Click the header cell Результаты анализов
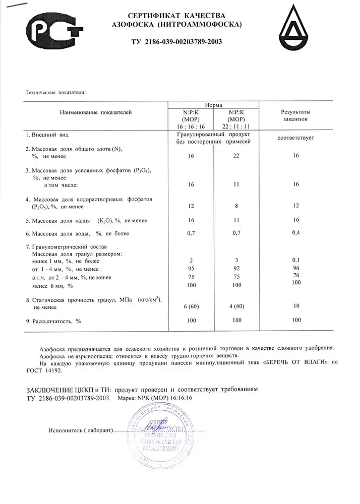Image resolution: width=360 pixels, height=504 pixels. [x=295, y=115]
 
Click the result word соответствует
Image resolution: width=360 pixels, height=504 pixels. [x=295, y=138]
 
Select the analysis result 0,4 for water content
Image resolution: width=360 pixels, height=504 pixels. [x=296, y=233]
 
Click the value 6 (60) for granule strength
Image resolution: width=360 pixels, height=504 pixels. [x=191, y=307]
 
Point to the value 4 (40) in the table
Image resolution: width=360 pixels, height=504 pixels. [x=236, y=307]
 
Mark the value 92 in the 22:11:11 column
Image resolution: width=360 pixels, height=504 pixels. [x=236, y=269]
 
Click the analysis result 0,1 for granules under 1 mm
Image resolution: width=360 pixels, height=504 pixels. [x=296, y=260]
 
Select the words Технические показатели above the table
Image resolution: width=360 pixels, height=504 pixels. [x=56, y=93]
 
